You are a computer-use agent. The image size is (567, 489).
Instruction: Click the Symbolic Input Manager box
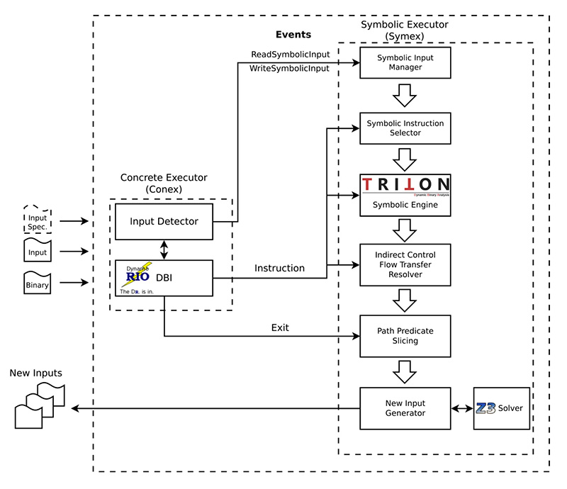point(405,62)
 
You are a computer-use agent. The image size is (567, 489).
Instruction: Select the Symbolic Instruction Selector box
point(405,128)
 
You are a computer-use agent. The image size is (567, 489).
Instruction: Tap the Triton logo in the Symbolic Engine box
point(405,185)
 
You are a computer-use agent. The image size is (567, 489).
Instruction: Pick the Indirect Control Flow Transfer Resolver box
point(405,264)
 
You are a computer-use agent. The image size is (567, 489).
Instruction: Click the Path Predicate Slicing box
point(405,335)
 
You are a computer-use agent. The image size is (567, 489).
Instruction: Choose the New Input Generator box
point(405,408)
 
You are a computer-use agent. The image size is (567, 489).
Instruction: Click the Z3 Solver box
point(502,408)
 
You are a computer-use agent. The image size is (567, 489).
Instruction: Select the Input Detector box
point(164,221)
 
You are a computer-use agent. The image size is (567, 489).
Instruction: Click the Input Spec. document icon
point(37,220)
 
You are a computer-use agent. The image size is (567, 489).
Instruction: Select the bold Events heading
point(293,34)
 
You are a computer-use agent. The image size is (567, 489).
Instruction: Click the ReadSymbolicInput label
point(290,55)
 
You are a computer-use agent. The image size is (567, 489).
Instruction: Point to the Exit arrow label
point(281,327)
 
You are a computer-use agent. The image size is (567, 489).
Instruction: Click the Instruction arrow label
point(280,269)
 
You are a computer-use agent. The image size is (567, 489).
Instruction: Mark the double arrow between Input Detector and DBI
point(164,249)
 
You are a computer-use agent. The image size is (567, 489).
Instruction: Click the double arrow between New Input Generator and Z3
point(462,408)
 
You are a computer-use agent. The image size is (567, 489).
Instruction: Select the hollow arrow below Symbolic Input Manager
point(405,94)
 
